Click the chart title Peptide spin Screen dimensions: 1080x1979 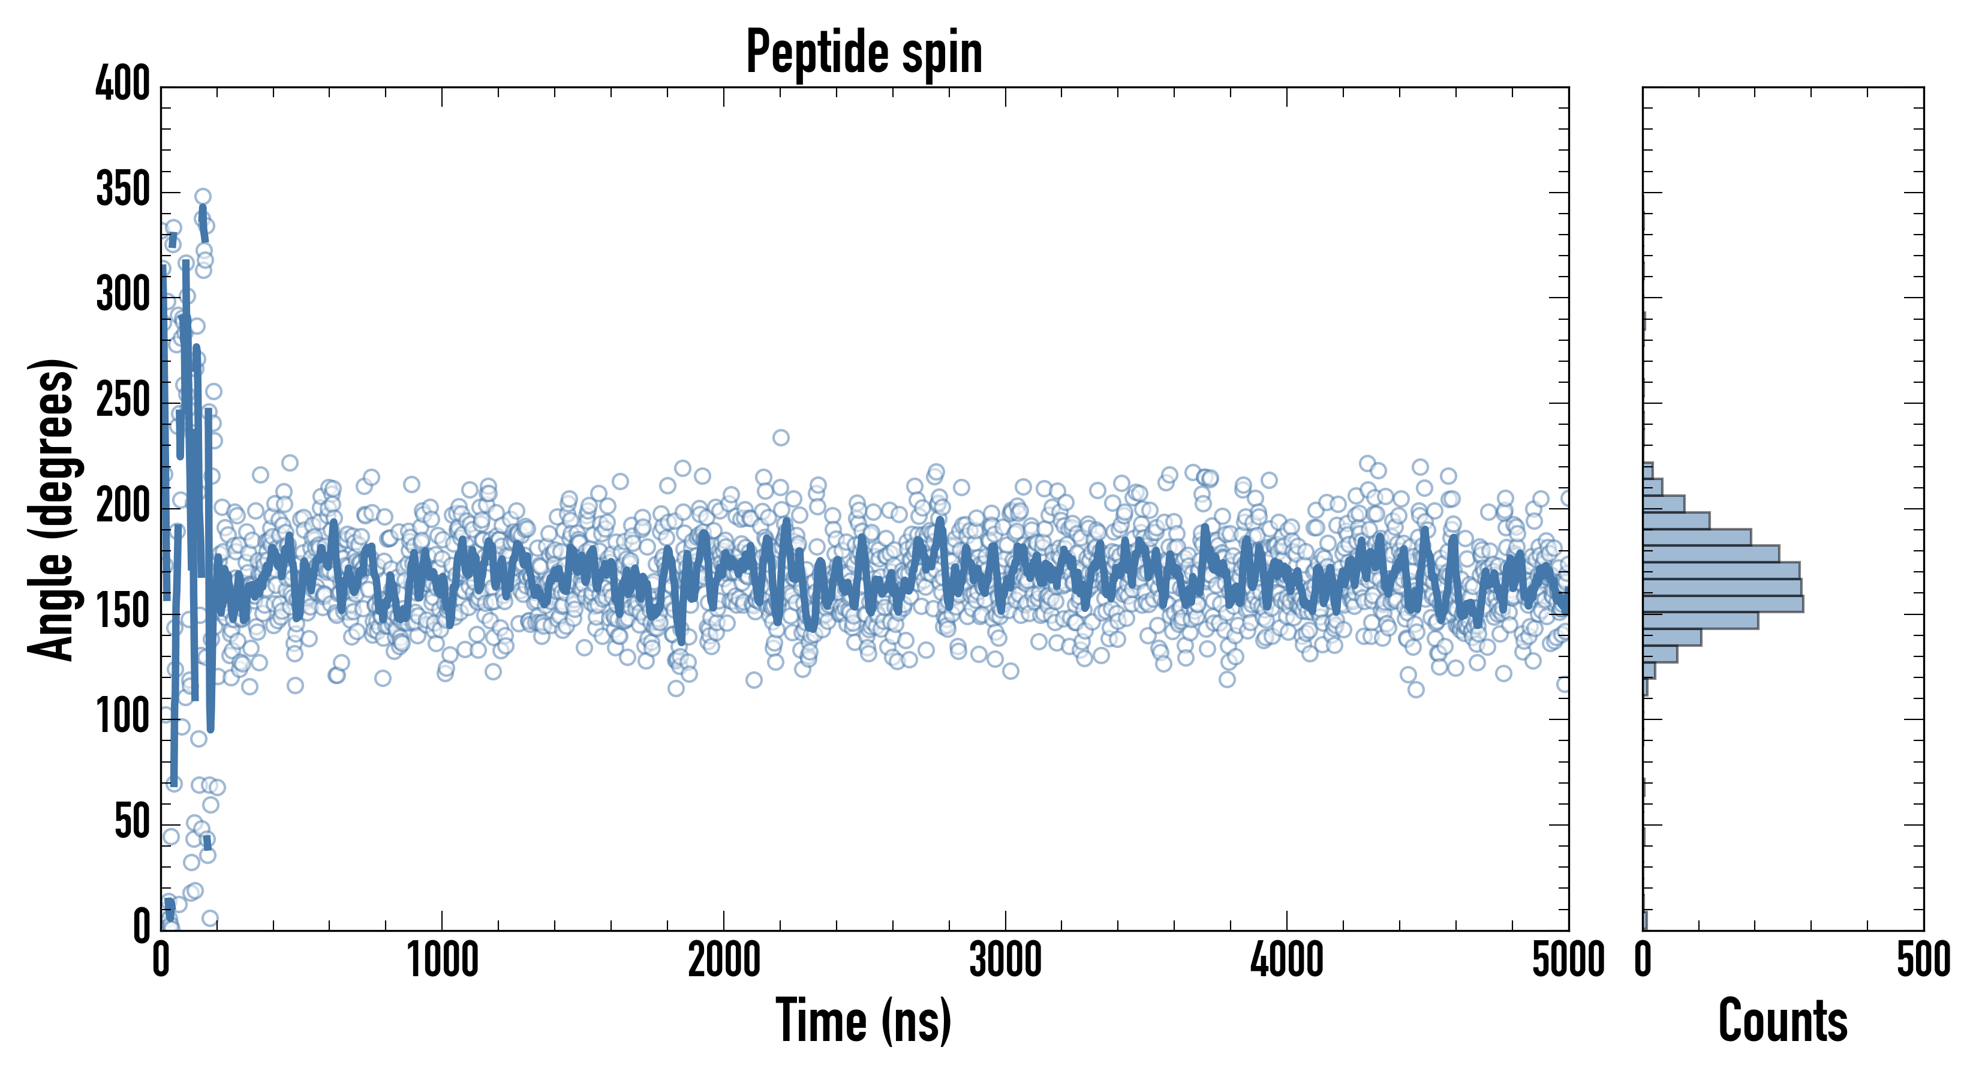click(864, 52)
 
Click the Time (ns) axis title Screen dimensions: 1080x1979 click(864, 1020)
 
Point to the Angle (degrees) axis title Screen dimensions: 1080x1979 click(52, 509)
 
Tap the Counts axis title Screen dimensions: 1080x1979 click(1783, 1020)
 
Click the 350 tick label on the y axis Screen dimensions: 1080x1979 click(123, 189)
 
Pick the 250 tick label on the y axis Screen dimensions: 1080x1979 click(123, 400)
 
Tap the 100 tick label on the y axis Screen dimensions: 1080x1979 click(123, 716)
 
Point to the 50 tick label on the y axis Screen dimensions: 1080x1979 click(132, 822)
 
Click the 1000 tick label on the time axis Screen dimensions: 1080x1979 click(443, 961)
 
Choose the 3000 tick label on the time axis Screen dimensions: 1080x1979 click(1005, 961)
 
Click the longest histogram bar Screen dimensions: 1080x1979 click(1722, 604)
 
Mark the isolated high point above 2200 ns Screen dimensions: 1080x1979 click(781, 437)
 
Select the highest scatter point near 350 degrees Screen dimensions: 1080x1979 click(203, 197)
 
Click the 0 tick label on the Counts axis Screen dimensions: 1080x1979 click(1643, 961)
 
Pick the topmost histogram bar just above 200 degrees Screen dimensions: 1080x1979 click(1648, 470)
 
